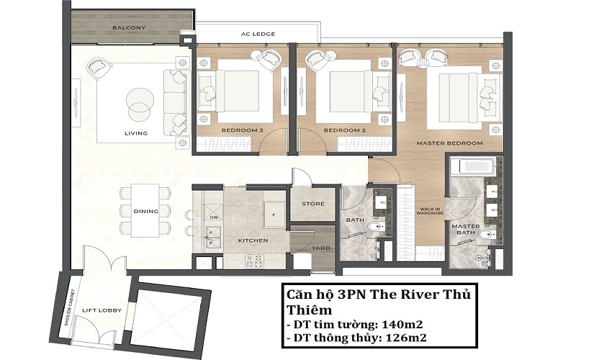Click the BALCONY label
[129, 28]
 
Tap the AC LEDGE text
[258, 34]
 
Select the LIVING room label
[136, 133]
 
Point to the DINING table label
[146, 211]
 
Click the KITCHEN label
[253, 240]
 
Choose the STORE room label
[313, 204]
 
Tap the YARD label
[320, 248]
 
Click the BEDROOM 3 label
[242, 130]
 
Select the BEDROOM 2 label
[345, 130]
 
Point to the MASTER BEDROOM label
[449, 143]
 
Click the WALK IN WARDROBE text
[430, 211]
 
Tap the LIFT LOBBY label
[102, 310]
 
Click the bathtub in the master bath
[473, 165]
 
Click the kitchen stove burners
[254, 261]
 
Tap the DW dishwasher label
[214, 217]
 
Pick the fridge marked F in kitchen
[274, 215]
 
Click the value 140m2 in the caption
[402, 324]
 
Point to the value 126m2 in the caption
[405, 338]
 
